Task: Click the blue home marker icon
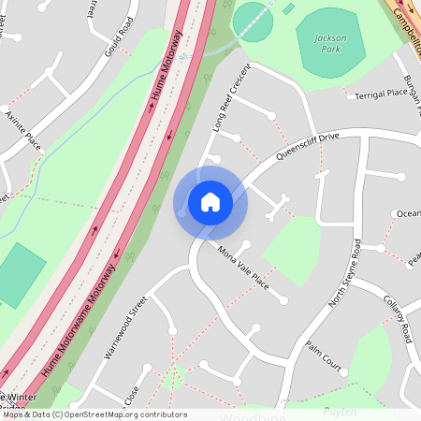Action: (210, 202)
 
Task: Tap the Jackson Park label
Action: (329, 42)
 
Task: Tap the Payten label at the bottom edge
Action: (341, 412)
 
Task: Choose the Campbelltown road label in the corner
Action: (404, 14)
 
